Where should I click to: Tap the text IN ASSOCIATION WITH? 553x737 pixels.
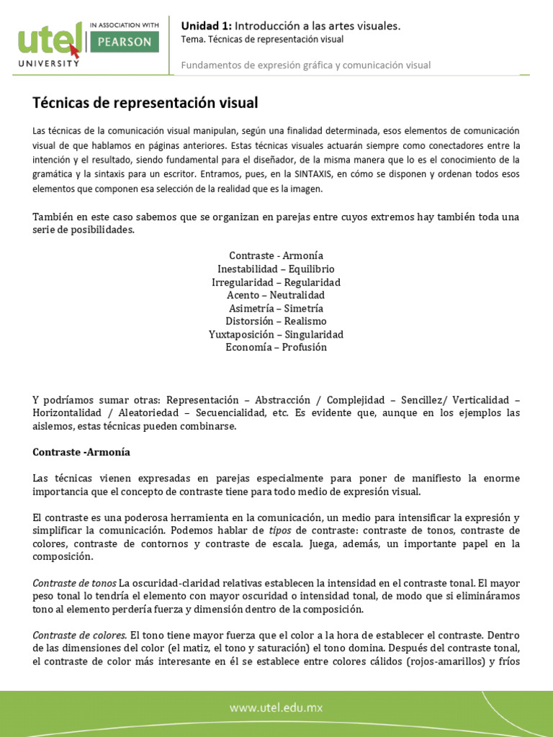tap(125, 24)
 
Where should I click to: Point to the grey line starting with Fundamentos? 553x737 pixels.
tap(306, 65)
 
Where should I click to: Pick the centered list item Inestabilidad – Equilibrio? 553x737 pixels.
tap(276, 269)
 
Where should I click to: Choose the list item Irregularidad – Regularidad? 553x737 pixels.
tap(276, 282)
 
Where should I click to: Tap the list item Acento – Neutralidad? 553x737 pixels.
tap(276, 295)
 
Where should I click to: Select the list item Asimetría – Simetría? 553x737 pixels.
tap(276, 308)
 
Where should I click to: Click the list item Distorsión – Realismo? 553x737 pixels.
tap(276, 321)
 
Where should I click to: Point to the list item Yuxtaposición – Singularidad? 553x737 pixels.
tap(276, 334)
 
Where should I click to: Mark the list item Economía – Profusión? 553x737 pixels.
tap(276, 347)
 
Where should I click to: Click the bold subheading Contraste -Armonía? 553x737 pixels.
tap(81, 452)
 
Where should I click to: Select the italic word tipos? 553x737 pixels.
tap(280, 530)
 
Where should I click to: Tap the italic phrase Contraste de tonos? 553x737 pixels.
tap(74, 582)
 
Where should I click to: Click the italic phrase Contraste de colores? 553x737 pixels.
tap(79, 635)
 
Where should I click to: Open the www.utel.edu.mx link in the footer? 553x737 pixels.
tap(276, 707)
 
